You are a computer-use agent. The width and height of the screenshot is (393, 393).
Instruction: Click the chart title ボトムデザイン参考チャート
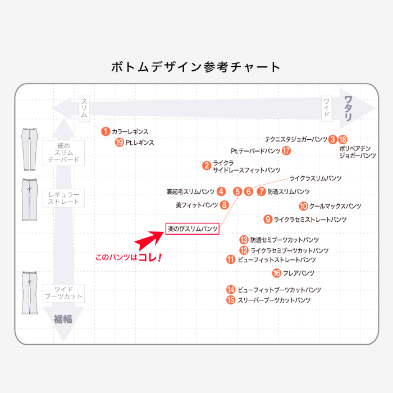pyautogui.click(x=196, y=67)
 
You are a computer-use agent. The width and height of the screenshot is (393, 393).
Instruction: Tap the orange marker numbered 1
pyautogui.click(x=105, y=131)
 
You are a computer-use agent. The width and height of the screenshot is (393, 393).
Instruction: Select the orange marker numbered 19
pyautogui.click(x=119, y=143)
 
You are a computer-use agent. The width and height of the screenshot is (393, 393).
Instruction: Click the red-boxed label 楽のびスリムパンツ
pyautogui.click(x=192, y=229)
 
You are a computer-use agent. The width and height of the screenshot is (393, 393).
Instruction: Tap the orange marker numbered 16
pyautogui.click(x=276, y=273)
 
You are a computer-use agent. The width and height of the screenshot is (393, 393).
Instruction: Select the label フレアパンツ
pyautogui.click(x=299, y=273)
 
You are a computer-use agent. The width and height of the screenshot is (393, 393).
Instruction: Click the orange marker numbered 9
pyautogui.click(x=268, y=220)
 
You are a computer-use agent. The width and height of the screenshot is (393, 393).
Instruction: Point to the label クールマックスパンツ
pyautogui.click(x=335, y=206)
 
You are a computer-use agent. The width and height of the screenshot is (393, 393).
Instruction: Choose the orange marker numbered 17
pyautogui.click(x=286, y=150)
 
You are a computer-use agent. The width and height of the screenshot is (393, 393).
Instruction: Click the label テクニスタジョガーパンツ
pyautogui.click(x=296, y=139)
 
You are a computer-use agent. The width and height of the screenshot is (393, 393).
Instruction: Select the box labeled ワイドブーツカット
pyautogui.click(x=63, y=292)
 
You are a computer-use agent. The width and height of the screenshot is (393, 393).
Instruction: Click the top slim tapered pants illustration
pyautogui.click(x=28, y=148)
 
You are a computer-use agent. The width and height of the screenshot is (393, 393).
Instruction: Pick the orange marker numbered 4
pyautogui.click(x=221, y=191)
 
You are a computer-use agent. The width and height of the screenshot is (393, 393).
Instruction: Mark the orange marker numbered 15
pyautogui.click(x=231, y=300)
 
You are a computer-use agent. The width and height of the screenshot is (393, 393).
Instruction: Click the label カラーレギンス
pyautogui.click(x=130, y=131)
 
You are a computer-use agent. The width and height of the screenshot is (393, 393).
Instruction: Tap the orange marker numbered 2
pyautogui.click(x=207, y=166)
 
